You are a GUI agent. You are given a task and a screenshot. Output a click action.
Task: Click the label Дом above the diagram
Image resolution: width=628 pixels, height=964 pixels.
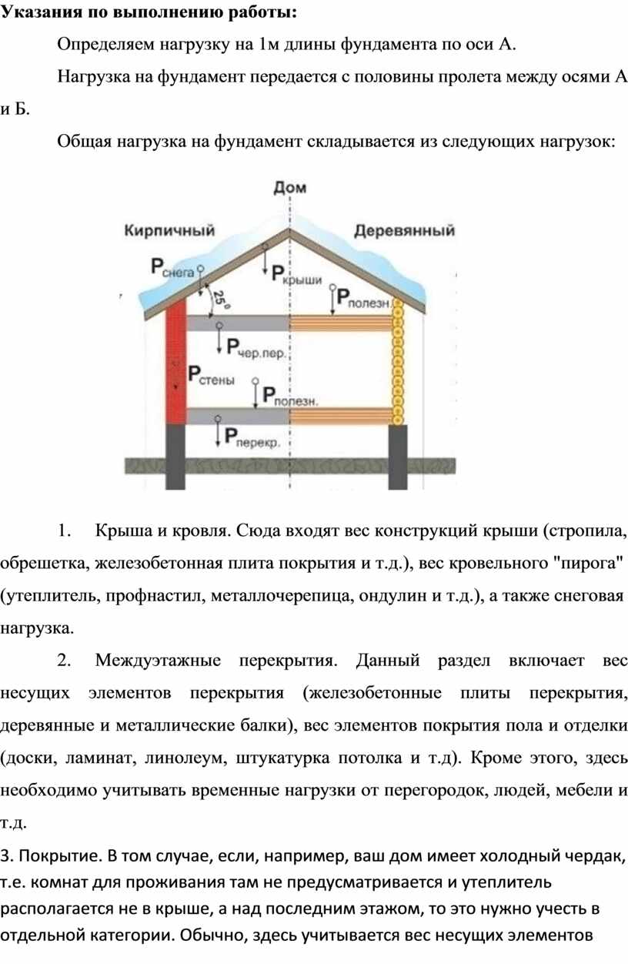click(x=290, y=188)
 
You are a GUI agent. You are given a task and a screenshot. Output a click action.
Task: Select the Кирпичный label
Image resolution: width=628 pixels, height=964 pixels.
click(x=169, y=230)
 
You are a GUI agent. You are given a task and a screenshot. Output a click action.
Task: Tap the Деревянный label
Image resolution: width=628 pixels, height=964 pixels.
click(x=404, y=231)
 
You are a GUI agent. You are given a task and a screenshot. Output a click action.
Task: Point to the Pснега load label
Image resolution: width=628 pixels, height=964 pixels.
click(x=172, y=268)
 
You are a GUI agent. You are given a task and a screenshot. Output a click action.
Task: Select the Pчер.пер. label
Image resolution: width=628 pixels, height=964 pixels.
click(x=256, y=348)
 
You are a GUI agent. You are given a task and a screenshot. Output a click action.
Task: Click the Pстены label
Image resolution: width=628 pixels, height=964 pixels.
click(x=211, y=375)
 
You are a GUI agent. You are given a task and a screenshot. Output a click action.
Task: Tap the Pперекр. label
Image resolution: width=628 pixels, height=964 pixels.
click(x=252, y=437)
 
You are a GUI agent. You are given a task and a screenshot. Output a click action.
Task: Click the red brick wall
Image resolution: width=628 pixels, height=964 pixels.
click(x=176, y=361)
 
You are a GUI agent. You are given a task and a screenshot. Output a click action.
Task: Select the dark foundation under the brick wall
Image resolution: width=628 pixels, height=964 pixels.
click(x=175, y=457)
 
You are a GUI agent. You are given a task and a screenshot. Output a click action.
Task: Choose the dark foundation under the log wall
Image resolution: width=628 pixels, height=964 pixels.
click(x=398, y=457)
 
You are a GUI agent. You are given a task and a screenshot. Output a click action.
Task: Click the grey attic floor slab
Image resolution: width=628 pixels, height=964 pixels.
click(x=238, y=323)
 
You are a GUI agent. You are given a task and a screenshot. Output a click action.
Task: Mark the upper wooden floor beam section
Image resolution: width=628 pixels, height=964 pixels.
click(x=342, y=323)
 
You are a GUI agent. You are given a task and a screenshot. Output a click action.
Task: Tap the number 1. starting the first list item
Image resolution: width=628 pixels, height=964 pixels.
click(x=64, y=531)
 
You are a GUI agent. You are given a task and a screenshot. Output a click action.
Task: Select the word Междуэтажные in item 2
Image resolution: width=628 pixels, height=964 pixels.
click(x=158, y=660)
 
